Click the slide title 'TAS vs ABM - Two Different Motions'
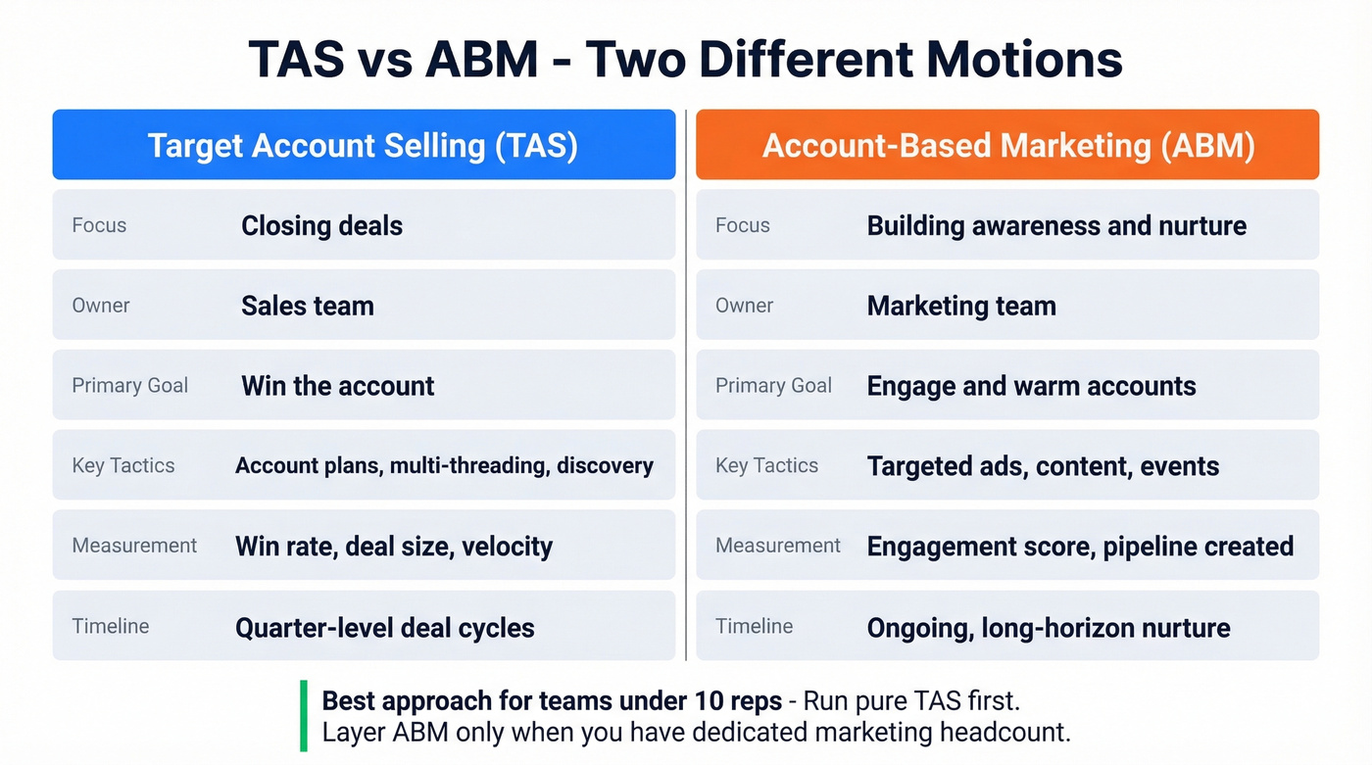(x=685, y=59)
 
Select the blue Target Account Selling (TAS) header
(x=364, y=145)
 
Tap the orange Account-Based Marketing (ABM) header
(x=1007, y=145)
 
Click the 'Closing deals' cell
(x=321, y=225)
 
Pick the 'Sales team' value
(x=308, y=306)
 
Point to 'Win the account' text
(x=337, y=386)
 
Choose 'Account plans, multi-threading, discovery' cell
(x=444, y=465)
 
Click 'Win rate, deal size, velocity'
(x=394, y=546)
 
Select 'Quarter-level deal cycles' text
(x=385, y=627)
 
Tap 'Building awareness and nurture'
(x=1056, y=225)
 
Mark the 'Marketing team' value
(x=961, y=306)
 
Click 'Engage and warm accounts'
(x=1031, y=386)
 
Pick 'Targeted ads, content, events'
(x=1043, y=465)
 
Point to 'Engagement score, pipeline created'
(x=1080, y=546)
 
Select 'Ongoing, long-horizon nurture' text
(x=1049, y=627)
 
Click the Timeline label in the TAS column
(x=111, y=626)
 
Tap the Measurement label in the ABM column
(x=778, y=546)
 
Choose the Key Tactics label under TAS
(x=123, y=465)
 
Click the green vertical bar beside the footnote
(x=304, y=715)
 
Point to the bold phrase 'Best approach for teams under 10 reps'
(x=552, y=701)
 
